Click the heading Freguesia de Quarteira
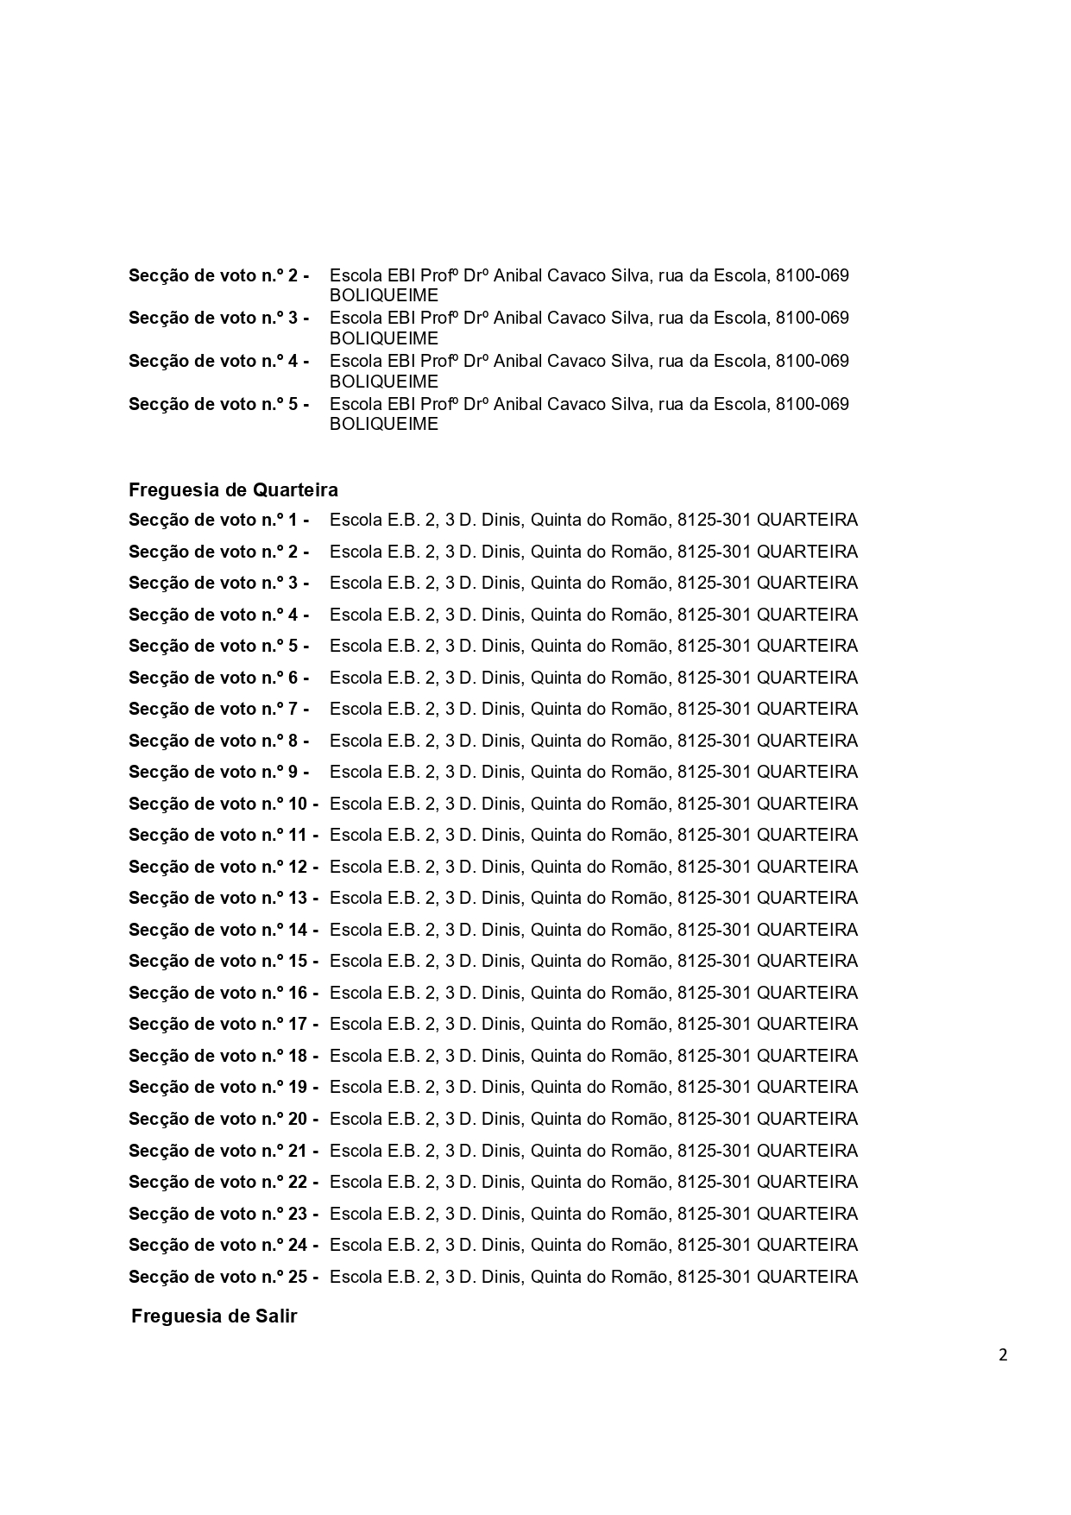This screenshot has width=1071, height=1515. [233, 490]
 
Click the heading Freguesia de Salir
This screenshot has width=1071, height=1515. [214, 1316]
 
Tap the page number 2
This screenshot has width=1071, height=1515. [1003, 1354]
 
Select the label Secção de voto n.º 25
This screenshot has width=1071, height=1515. [223, 1277]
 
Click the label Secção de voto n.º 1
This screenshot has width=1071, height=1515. [218, 521]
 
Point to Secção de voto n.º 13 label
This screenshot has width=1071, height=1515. [223, 899]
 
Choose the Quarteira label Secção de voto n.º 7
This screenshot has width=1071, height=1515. [218, 710]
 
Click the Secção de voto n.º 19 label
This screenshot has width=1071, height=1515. [223, 1088]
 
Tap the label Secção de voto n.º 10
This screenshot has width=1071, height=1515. [223, 805]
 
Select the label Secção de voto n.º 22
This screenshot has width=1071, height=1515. [223, 1183]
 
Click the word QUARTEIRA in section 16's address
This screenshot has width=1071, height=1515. [807, 993]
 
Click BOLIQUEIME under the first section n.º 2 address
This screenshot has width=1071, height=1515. [384, 295]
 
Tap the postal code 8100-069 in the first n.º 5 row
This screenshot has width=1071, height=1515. [812, 404]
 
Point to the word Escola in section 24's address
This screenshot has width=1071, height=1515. [356, 1245]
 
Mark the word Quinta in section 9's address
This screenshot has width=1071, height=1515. [557, 773]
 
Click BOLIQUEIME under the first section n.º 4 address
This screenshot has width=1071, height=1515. [384, 382]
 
